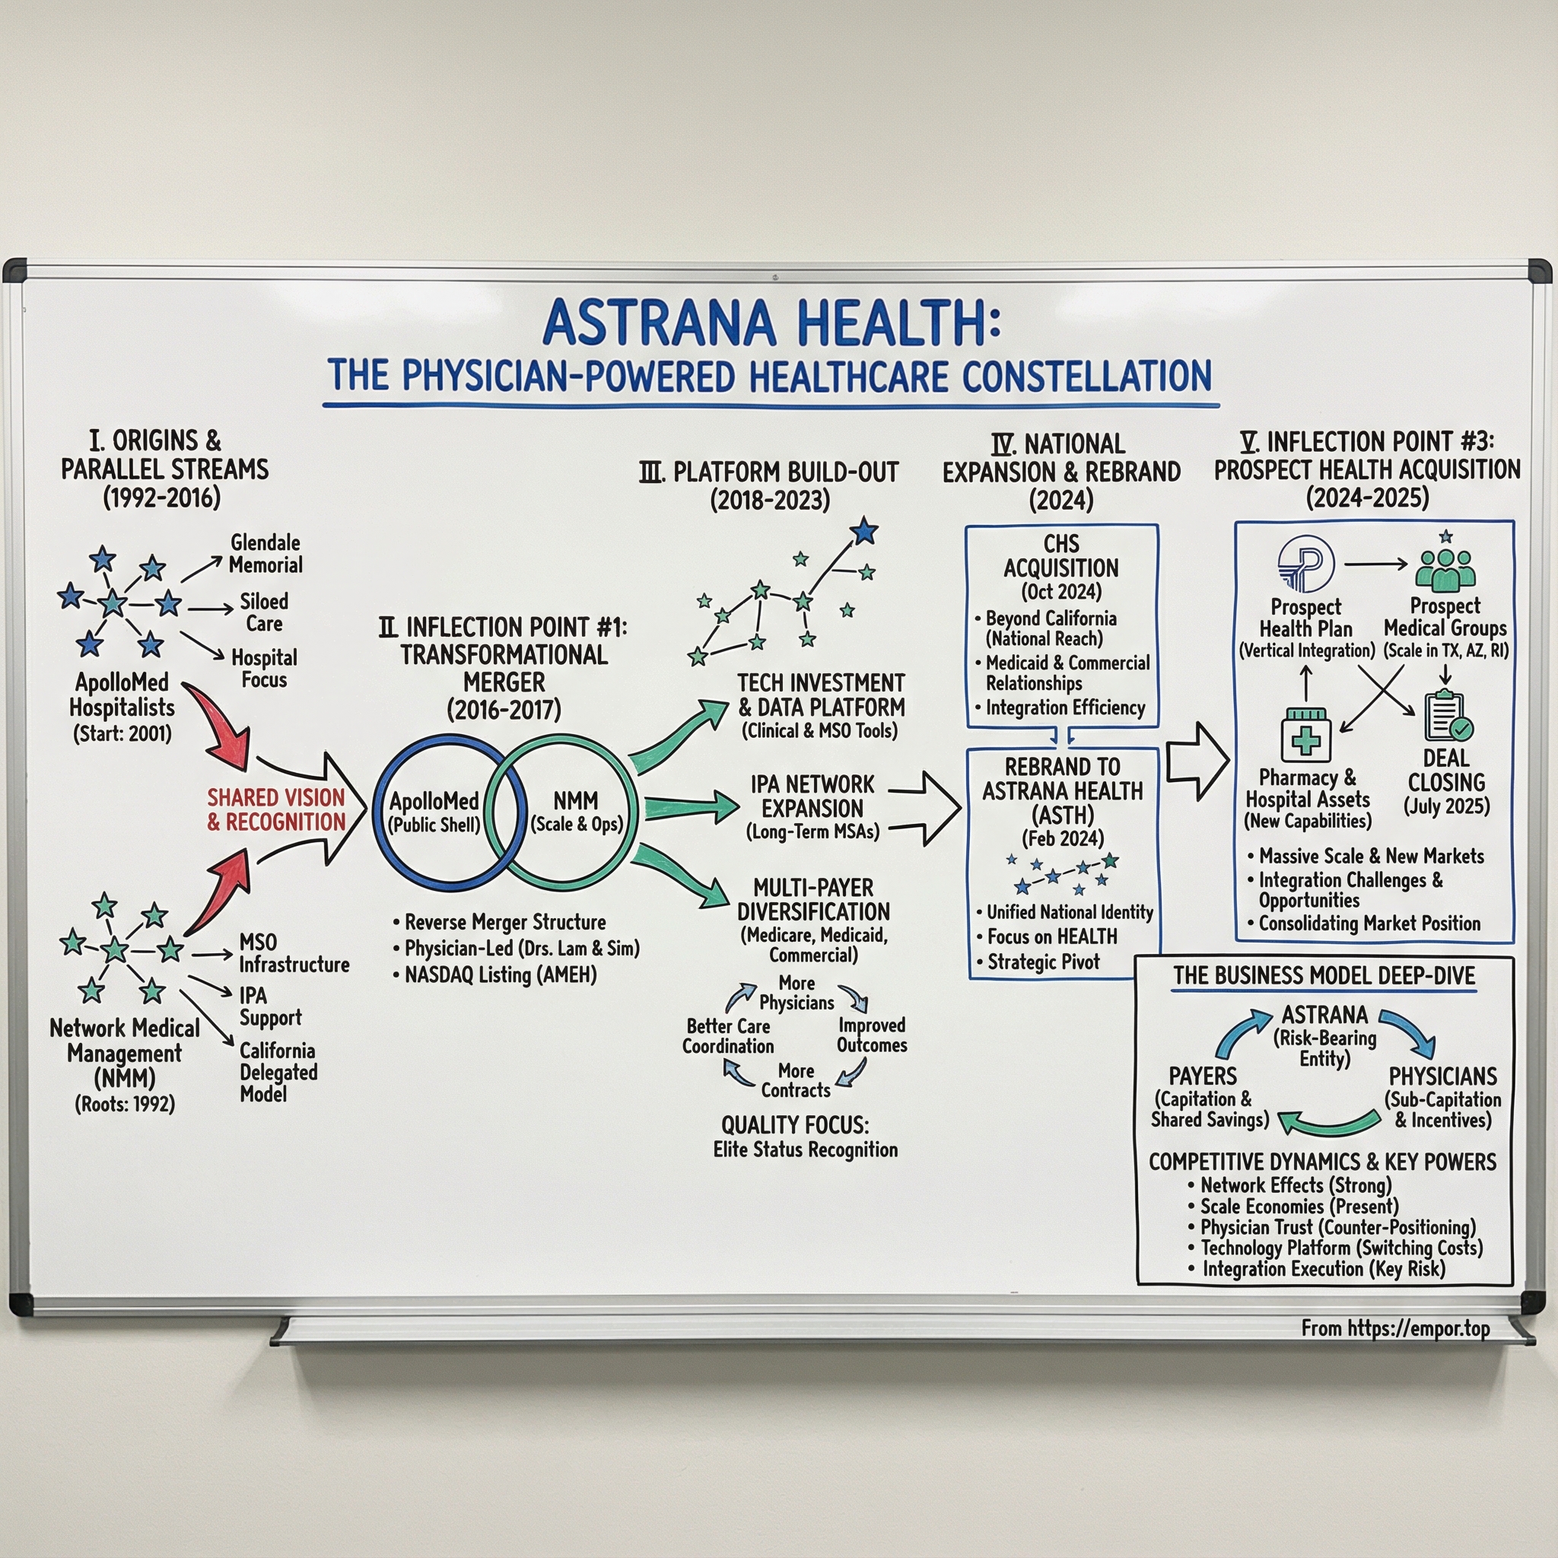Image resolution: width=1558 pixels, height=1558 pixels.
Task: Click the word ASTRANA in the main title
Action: coord(659,323)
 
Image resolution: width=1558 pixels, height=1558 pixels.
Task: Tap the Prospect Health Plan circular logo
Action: coord(1305,564)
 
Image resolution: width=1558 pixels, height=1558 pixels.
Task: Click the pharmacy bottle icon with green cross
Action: coord(1305,735)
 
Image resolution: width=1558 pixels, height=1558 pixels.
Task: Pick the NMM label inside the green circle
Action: coord(576,801)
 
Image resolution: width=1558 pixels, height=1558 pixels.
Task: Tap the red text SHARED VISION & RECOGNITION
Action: coord(276,809)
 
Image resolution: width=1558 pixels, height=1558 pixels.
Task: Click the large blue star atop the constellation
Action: coord(863,532)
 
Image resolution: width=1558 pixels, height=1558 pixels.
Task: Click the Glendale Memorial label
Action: coord(265,553)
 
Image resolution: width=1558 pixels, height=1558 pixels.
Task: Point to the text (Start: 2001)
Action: coord(122,734)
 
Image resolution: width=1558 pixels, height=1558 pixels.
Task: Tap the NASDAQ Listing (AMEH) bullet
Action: coord(500,975)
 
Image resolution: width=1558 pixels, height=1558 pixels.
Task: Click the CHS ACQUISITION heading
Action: coord(1060,555)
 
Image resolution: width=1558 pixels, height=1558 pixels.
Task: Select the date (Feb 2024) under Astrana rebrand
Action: coord(1062,838)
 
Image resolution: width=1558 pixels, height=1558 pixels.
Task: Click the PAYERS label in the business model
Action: coord(1203,1076)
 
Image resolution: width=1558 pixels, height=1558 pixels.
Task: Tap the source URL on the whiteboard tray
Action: coord(1396,1328)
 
